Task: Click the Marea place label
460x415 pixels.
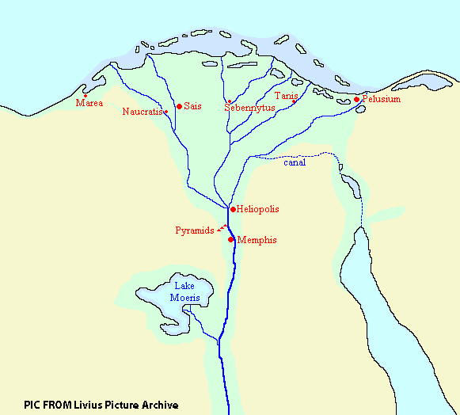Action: [89, 104]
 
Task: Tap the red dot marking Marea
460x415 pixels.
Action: [86, 96]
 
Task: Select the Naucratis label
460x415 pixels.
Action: [143, 112]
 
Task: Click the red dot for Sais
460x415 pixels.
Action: [179, 106]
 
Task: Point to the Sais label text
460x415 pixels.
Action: [192, 106]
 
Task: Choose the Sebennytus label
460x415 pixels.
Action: [249, 107]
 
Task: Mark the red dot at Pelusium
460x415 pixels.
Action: [357, 99]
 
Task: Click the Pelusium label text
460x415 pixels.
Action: [382, 99]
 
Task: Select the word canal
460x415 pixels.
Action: [295, 163]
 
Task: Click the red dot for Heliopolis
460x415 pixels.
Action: [231, 209]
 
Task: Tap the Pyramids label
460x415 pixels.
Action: [194, 230]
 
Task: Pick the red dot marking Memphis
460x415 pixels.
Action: [231, 239]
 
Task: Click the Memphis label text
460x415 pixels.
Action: [257, 240]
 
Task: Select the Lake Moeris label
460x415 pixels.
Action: [184, 291]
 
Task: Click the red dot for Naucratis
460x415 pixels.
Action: [166, 112]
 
